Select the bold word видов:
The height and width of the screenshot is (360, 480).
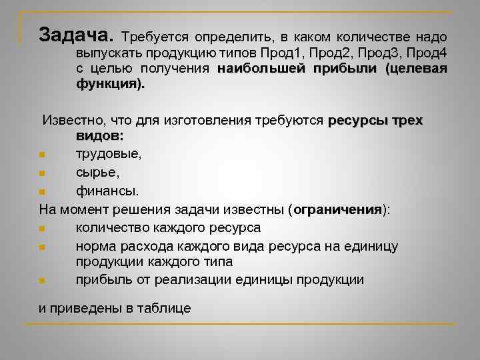[x=100, y=135]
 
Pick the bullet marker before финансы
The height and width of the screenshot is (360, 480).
[x=42, y=191]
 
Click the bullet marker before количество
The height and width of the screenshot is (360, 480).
[x=42, y=229]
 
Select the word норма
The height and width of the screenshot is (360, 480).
[x=95, y=247]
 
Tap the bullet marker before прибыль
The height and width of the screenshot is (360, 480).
[x=42, y=281]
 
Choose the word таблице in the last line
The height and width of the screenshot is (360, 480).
[x=166, y=308]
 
